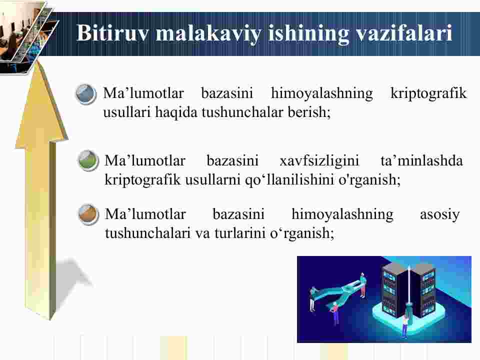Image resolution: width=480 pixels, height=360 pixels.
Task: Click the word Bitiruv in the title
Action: (x=112, y=33)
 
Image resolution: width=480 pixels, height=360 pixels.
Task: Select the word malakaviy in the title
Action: (x=208, y=33)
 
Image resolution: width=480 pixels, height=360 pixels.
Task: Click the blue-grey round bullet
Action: (x=86, y=94)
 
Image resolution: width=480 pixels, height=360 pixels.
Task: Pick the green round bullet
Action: (x=88, y=160)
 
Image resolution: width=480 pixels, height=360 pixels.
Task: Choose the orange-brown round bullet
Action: (x=88, y=214)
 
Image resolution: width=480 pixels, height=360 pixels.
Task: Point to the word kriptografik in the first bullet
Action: (x=428, y=93)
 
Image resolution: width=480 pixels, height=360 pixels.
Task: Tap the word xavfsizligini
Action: (x=319, y=161)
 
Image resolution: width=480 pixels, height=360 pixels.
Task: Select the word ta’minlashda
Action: (x=421, y=160)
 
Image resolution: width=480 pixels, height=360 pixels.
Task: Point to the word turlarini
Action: (x=240, y=233)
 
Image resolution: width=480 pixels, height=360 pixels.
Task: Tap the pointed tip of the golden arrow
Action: (x=39, y=61)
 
